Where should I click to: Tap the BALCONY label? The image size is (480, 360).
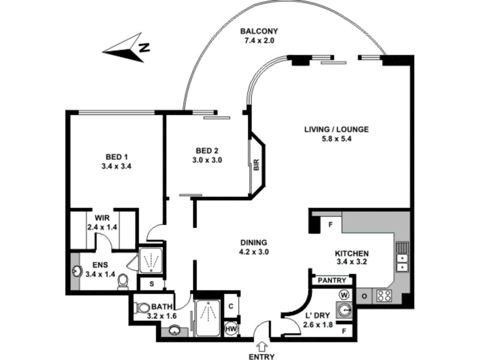click(x=259, y=32)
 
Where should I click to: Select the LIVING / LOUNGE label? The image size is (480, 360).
click(x=336, y=129)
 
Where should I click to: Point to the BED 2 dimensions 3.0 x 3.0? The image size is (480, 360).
click(x=207, y=160)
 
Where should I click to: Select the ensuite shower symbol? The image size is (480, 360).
click(x=150, y=260)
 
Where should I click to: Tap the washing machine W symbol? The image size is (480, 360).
click(x=344, y=295)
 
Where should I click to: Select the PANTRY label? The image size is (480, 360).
click(x=331, y=280)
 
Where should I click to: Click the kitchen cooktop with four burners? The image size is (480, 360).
click(x=383, y=296)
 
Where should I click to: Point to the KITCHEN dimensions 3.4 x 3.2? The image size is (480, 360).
click(x=352, y=263)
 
